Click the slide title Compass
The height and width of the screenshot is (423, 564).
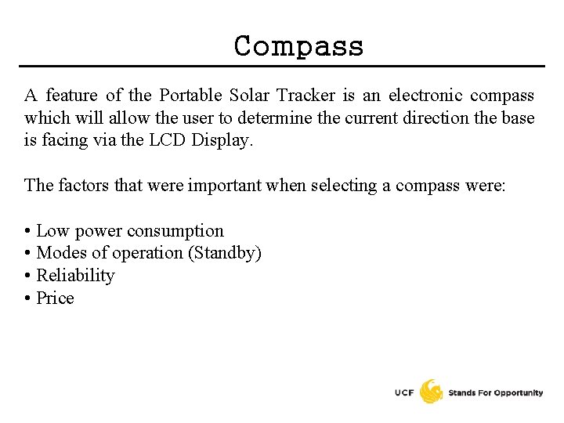298,46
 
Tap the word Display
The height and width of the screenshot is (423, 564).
226,142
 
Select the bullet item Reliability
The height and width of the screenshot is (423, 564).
75,276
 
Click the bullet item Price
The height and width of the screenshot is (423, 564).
55,298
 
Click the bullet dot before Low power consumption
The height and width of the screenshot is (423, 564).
28,231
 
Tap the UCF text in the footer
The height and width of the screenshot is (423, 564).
404,392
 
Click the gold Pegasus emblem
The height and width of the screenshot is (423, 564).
431,391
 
